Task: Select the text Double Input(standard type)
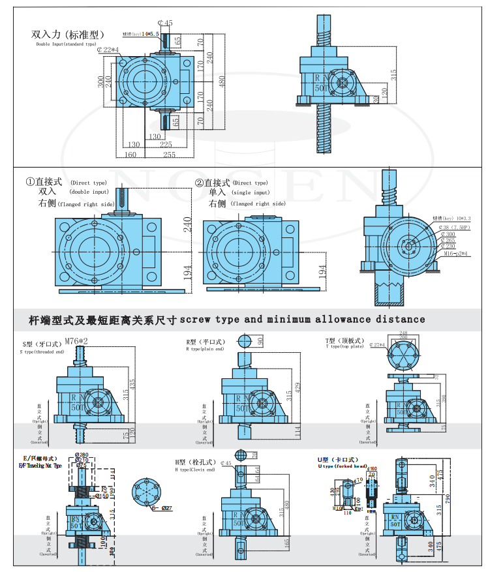tap(70, 44)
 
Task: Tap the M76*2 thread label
tap(77, 340)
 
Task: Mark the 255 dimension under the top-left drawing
tap(168, 155)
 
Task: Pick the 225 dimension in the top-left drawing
tap(166, 144)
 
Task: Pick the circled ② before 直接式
tap(200, 183)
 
